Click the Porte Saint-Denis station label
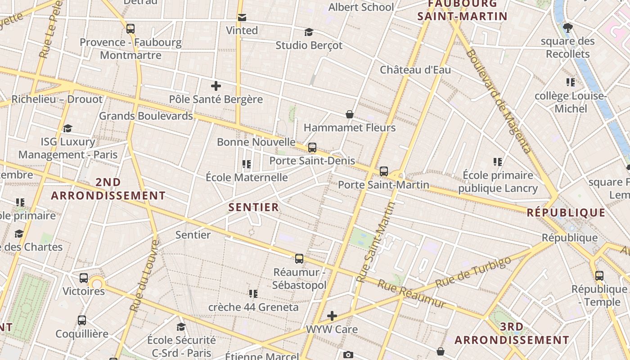312,161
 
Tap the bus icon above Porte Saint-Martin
384,171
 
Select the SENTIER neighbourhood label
254,207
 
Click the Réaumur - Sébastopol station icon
299,259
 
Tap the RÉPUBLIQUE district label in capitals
566,213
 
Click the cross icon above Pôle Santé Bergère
216,86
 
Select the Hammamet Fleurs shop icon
349,115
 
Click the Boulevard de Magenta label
499,101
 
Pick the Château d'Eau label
415,70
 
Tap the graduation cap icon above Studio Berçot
309,32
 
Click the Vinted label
242,31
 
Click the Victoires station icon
84,278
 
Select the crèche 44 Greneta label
253,307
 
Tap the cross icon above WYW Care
332,316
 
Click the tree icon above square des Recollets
568,28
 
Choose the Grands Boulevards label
146,116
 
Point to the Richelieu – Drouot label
57,99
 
